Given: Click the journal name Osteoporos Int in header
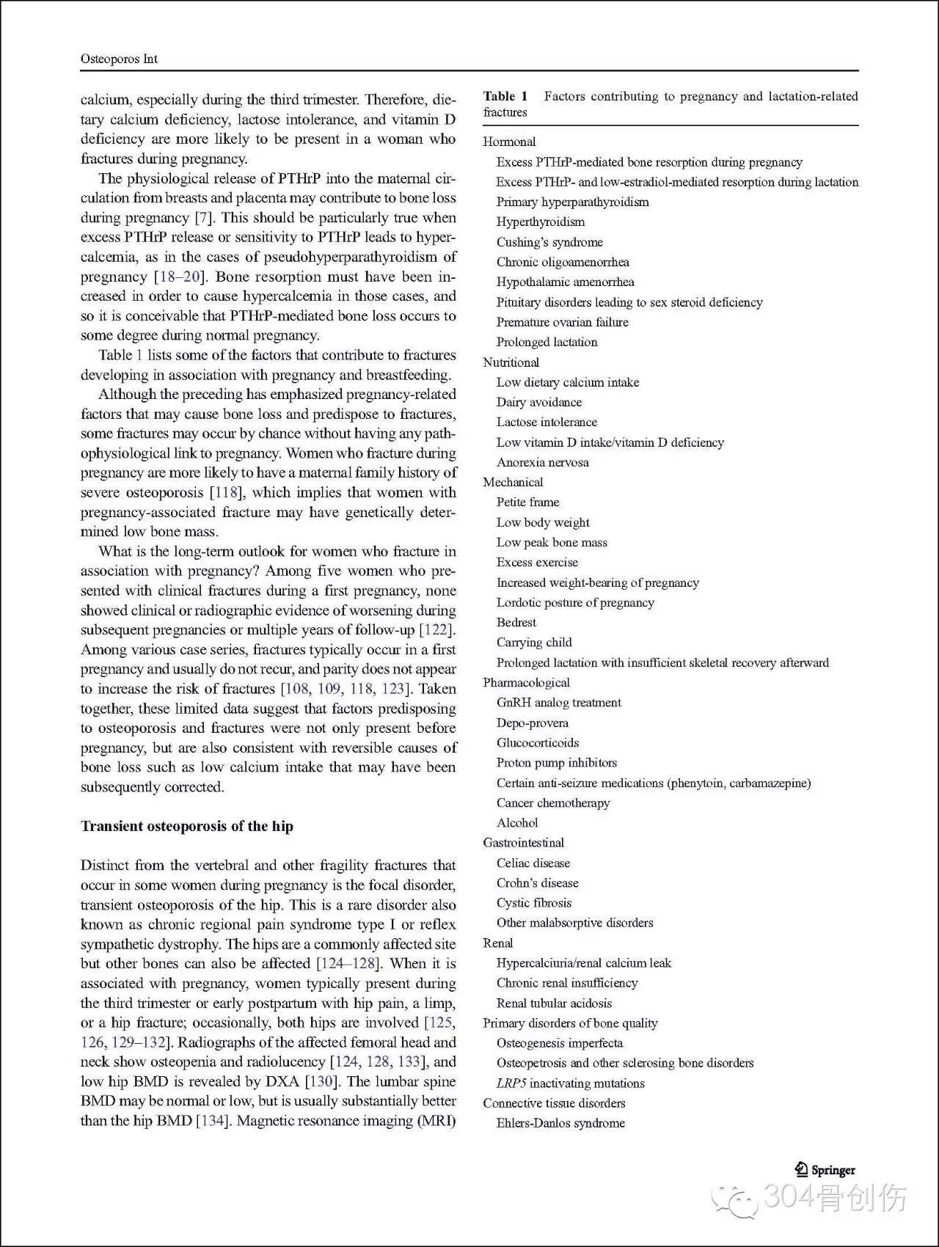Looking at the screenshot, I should (x=119, y=59).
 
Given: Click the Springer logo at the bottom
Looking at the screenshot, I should (x=825, y=1170).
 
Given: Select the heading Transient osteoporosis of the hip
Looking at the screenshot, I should (x=186, y=826).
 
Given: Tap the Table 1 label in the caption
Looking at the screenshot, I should (x=505, y=96).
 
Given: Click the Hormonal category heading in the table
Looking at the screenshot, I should (x=509, y=142).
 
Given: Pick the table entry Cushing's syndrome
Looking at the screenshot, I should (x=549, y=242).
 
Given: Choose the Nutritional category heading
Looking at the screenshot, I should (x=511, y=362).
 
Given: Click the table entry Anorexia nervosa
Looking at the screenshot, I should (x=542, y=462).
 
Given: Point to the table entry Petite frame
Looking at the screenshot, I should (x=527, y=502).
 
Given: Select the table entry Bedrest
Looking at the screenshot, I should (x=516, y=622).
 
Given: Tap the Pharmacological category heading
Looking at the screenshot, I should (x=526, y=682).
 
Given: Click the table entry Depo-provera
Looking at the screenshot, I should (x=532, y=723).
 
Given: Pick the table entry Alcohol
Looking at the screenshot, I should (x=517, y=823).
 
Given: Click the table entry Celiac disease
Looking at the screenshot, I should (x=533, y=863).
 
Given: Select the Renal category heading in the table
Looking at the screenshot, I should (x=497, y=943).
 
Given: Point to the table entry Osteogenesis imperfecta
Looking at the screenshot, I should (x=559, y=1043).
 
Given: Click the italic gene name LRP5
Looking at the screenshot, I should (x=511, y=1083).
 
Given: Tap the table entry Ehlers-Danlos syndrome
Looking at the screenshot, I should (x=560, y=1123).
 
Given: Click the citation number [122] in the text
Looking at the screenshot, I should (x=436, y=629).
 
